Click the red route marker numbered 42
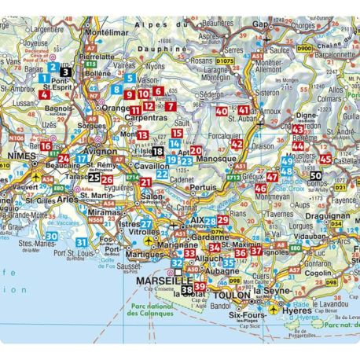(x=237, y=144)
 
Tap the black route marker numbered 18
(x=158, y=151)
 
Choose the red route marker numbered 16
(x=46, y=145)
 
